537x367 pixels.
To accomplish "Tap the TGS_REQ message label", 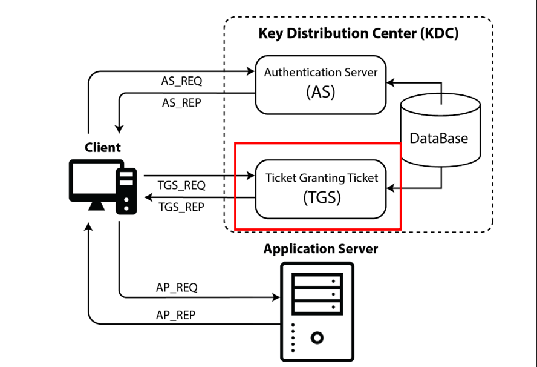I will point(181,185).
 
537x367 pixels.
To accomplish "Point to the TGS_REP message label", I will point(181,207).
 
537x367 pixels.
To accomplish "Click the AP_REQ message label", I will point(177,287).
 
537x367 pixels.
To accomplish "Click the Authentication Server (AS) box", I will point(321,84).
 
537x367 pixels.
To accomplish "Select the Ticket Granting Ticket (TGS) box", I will point(321,188).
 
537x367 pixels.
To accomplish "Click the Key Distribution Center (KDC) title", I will point(358,33).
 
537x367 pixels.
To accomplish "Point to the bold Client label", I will point(102,147).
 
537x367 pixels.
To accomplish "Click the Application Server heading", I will point(321,249).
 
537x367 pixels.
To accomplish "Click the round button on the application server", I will point(317,337).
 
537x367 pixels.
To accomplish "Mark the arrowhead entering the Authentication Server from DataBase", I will point(391,81).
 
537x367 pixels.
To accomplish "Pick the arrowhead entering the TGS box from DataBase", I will point(391,188).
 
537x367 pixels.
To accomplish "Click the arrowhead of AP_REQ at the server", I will point(278,297).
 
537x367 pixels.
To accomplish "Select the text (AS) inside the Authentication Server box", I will point(321,93).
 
